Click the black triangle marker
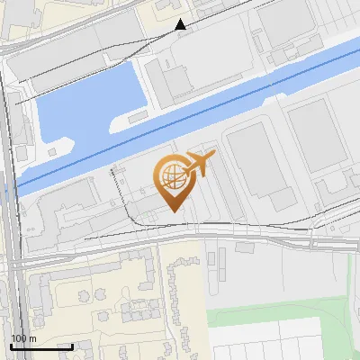(x=181, y=24)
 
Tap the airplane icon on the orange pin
(x=199, y=165)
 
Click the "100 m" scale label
(x=23, y=337)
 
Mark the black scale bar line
(x=41, y=346)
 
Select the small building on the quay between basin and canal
(x=138, y=117)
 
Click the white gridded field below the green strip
(x=270, y=342)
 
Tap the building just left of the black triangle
(x=163, y=6)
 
